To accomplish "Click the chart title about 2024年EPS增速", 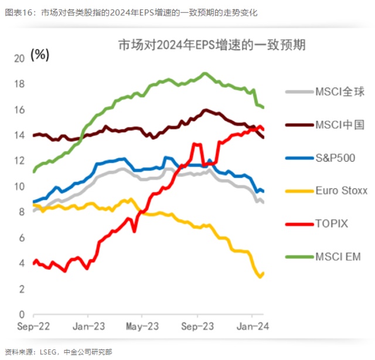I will click(x=212, y=45).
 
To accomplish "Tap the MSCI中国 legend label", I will click(x=340, y=124).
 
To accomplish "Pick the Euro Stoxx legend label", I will click(x=341, y=191).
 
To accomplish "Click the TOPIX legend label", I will click(x=332, y=223).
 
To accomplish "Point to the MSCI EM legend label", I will click(x=338, y=257).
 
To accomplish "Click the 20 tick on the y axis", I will click(x=19, y=59).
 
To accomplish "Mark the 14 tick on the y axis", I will click(x=19, y=135).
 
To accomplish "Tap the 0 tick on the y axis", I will click(x=22, y=315).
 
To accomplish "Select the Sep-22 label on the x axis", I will click(x=32, y=326).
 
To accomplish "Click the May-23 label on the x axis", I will click(x=142, y=326).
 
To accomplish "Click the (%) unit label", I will click(x=40, y=55).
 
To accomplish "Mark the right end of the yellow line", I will click(x=263, y=273).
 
